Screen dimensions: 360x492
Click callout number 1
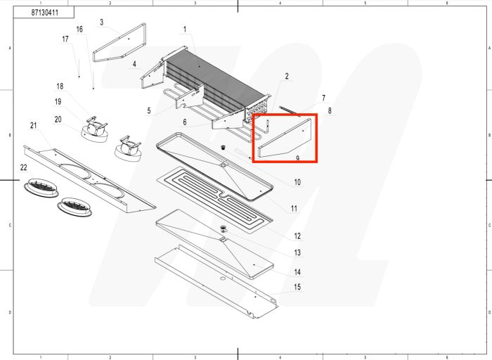(x=185, y=29)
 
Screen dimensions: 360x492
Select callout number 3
(x=101, y=22)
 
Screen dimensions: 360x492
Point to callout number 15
(x=297, y=287)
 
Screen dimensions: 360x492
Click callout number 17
(x=65, y=39)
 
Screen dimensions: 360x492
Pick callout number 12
(x=297, y=236)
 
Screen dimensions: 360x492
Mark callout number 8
(x=329, y=111)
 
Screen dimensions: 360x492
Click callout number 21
(x=33, y=126)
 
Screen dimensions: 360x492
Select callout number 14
(x=297, y=271)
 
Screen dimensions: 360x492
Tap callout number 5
(x=149, y=110)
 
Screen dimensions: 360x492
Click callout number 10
(x=297, y=182)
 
